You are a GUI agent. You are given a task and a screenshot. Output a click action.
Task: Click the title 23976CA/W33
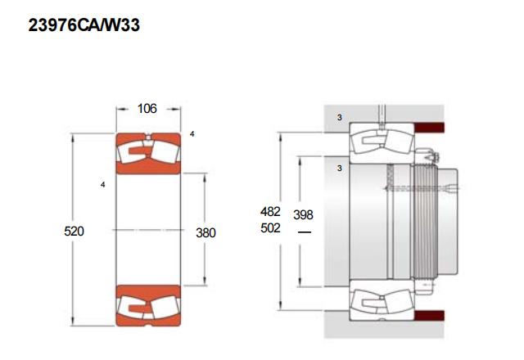(84, 25)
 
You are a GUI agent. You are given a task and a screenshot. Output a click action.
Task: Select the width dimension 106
(147, 109)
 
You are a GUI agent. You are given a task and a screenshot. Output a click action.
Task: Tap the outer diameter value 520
(74, 231)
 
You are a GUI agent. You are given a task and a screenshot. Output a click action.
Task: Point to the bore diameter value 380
(206, 232)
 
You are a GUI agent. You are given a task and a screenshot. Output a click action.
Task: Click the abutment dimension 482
(270, 211)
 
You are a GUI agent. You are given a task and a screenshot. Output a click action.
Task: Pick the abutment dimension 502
(270, 228)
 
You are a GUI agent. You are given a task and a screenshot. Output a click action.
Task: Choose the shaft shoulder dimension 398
(303, 214)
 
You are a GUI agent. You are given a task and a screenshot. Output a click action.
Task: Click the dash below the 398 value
(304, 232)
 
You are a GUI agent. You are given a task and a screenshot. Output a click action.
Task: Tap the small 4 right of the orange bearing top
(192, 134)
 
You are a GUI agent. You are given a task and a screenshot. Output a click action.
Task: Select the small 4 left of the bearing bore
(102, 184)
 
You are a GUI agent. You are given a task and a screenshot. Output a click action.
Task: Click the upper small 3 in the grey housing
(340, 118)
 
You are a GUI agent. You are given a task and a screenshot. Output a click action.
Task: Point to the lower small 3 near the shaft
(340, 168)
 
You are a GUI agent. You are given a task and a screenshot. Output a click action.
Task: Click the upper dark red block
(429, 128)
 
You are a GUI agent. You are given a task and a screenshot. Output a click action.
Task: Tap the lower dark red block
(429, 316)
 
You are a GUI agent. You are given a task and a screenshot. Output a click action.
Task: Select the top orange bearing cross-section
(148, 154)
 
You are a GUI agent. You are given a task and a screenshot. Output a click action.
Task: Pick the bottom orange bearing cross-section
(148, 305)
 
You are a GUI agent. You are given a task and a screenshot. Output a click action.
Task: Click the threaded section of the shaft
(424, 222)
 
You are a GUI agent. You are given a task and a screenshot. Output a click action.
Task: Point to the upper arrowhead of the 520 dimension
(73, 137)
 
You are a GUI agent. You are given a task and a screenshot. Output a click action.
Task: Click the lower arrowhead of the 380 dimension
(205, 281)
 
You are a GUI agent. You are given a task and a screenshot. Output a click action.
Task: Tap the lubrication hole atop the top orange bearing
(149, 136)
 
